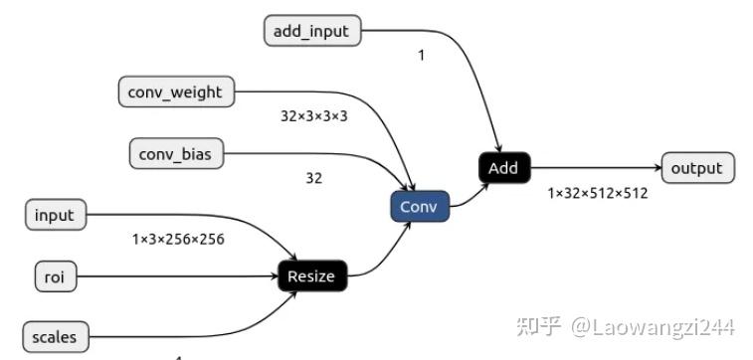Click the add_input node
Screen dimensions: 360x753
coord(311,31)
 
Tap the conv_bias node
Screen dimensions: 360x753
coord(176,153)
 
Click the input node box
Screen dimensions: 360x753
coord(54,214)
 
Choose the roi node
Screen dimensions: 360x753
coord(54,276)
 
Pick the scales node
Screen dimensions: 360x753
coord(54,337)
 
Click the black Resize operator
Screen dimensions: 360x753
coord(311,276)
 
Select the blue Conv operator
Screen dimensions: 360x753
coord(419,207)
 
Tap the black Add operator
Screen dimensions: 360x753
coord(502,167)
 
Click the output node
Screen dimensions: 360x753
coord(696,168)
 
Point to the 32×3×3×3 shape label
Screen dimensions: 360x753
coord(314,116)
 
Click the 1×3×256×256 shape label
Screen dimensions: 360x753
coord(178,239)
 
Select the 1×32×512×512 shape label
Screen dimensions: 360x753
coord(597,193)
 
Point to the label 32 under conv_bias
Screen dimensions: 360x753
coord(314,179)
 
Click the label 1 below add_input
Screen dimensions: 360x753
coord(421,56)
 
